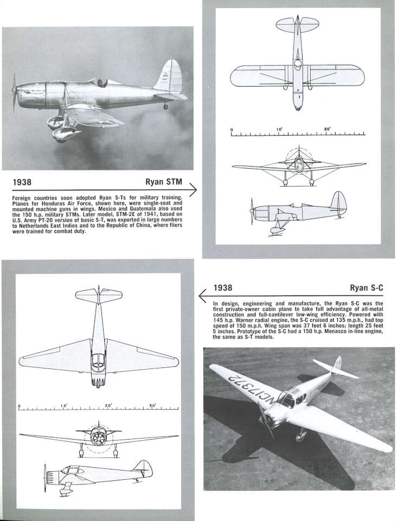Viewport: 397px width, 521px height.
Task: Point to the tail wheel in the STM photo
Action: click(166, 106)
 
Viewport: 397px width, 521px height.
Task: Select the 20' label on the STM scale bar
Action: click(327, 129)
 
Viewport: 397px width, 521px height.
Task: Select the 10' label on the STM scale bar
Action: click(279, 129)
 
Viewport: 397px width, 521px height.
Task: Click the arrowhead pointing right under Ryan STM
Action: click(192, 189)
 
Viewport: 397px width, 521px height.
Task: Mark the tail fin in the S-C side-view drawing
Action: click(143, 467)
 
